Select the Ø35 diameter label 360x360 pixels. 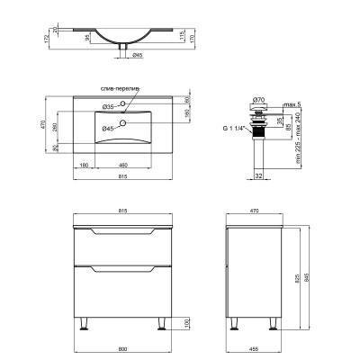(x=107, y=105)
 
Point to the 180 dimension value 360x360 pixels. (x=84, y=166)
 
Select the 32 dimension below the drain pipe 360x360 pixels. (x=258, y=176)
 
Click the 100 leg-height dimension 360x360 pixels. (x=187, y=323)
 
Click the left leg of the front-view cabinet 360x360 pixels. (x=85, y=324)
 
